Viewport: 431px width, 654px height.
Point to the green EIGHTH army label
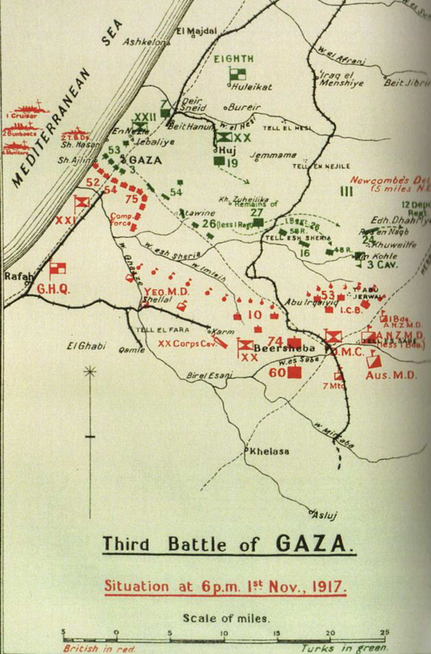click(234, 59)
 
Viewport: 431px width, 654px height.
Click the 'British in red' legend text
click(99, 648)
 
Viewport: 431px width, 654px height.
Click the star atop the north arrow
click(90, 372)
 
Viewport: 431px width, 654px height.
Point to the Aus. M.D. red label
click(391, 375)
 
